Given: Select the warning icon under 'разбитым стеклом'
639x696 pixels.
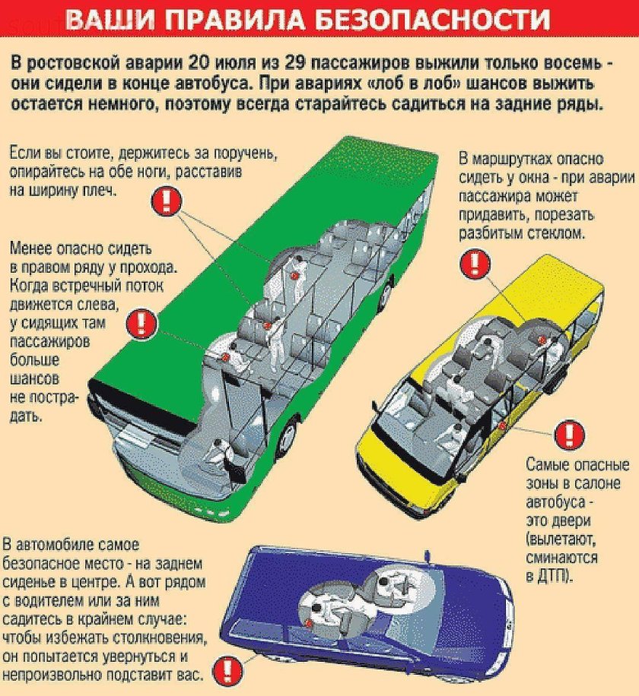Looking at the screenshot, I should click(474, 264).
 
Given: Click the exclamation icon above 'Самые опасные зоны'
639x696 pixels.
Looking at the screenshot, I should click(566, 435).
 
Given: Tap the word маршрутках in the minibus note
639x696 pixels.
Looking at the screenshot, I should click(520, 159).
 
